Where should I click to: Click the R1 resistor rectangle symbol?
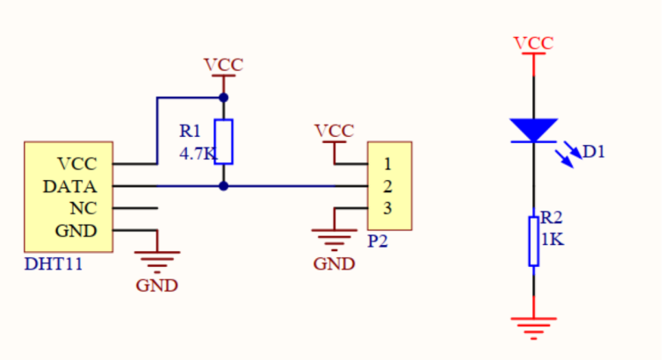point(223,142)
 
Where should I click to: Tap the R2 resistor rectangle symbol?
point(533,241)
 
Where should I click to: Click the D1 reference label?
point(594,152)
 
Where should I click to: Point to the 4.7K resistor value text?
point(198,154)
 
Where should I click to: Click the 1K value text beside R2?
point(553,239)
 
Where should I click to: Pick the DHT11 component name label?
point(53,264)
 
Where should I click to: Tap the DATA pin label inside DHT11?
point(70,187)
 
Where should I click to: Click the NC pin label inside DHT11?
point(83,209)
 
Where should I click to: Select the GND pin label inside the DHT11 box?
point(76,231)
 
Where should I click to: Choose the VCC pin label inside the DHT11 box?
point(77,164)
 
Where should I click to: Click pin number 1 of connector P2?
point(387,164)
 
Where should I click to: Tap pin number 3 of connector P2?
point(387,208)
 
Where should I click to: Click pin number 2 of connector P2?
point(387,186)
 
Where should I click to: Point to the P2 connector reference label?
point(378,241)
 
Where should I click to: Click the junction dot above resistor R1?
point(223,97)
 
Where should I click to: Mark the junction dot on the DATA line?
point(223,186)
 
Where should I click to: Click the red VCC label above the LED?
point(533,43)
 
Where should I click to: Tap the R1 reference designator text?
point(190,131)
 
